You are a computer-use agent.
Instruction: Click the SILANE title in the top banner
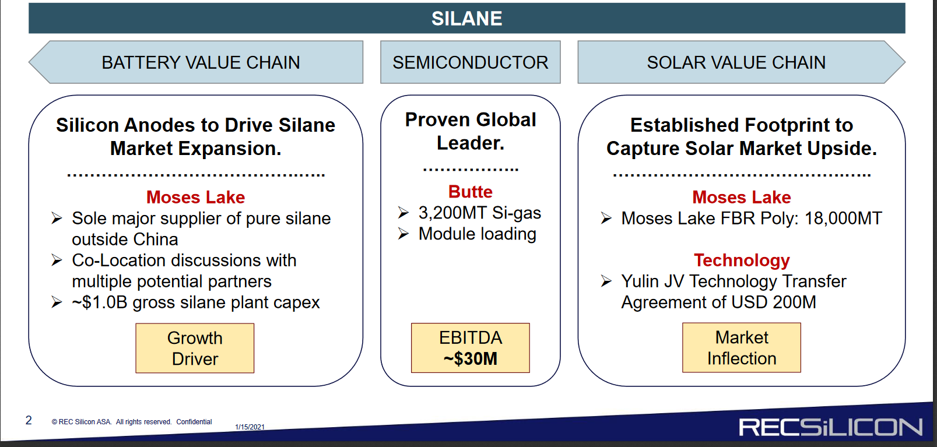[x=466, y=19]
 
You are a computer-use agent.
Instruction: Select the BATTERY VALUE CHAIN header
[x=196, y=62]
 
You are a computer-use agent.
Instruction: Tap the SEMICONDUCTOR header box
[x=470, y=62]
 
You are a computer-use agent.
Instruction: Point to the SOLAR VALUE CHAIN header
[x=741, y=62]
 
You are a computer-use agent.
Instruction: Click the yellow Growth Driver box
[x=195, y=348]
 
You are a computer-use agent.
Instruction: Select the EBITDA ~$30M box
[x=470, y=348]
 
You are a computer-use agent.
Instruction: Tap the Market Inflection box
[x=742, y=347]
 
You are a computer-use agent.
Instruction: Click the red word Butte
[x=470, y=192]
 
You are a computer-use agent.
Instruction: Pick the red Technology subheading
[x=742, y=261]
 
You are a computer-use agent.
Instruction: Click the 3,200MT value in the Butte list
[x=453, y=213]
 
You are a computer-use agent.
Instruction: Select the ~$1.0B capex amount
[x=100, y=302]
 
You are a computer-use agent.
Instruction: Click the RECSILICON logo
[x=830, y=427]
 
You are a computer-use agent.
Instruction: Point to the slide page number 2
[x=29, y=420]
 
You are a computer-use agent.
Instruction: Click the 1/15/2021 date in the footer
[x=250, y=427]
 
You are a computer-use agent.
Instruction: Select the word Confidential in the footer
[x=194, y=422]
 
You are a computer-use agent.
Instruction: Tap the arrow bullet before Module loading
[x=403, y=234]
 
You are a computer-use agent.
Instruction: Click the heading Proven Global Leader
[x=471, y=131]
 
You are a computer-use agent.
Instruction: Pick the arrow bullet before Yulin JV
[x=606, y=281]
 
